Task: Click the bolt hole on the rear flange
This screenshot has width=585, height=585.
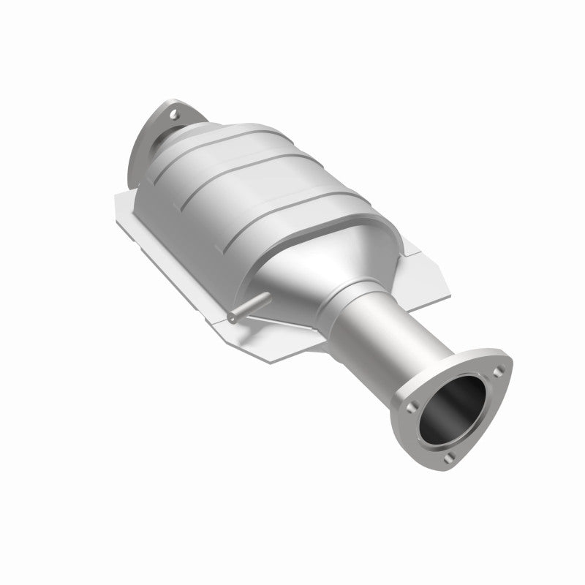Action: [174, 114]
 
